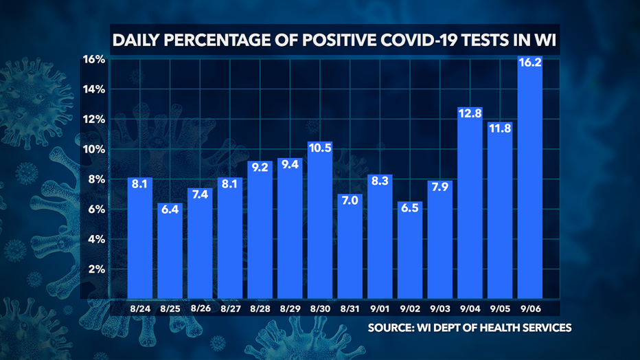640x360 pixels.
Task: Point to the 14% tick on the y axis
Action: (93, 89)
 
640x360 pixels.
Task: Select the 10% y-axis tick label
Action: (93, 149)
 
